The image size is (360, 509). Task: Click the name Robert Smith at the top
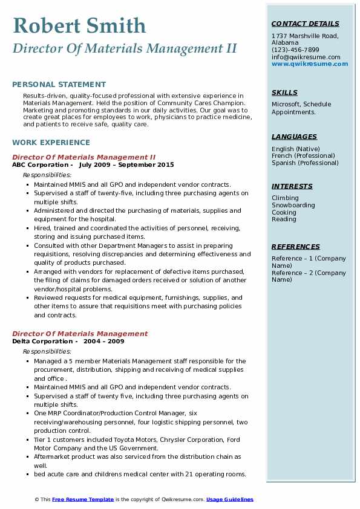[x=79, y=25]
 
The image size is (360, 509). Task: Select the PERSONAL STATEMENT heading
[x=59, y=85]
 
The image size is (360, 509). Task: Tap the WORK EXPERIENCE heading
[x=51, y=143]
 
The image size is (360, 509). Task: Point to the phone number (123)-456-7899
[x=295, y=50]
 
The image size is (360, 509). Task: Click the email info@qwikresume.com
[x=306, y=57]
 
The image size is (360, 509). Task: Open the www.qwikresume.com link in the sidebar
[x=310, y=63]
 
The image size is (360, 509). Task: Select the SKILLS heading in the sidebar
[x=284, y=92]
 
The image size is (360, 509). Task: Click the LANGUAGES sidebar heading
[x=294, y=137]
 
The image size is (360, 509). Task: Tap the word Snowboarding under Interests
[x=293, y=205]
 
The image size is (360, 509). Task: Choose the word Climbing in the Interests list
[x=285, y=198]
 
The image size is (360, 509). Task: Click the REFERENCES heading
[x=296, y=247]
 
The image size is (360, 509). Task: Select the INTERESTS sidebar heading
[x=292, y=186]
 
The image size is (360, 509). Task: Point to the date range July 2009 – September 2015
[x=126, y=164]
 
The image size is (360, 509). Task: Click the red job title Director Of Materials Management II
[x=83, y=157]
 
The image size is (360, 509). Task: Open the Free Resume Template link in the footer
[x=83, y=499]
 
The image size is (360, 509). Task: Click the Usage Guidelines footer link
[x=230, y=499]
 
